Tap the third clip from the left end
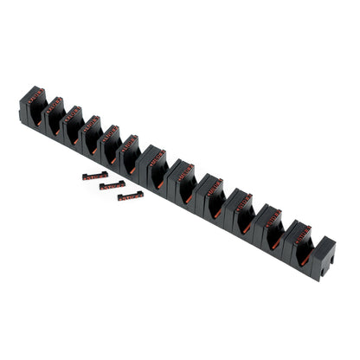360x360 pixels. pyautogui.click(x=74, y=124)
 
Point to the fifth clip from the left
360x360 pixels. pyautogui.click(x=112, y=143)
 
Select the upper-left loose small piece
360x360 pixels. pyautogui.click(x=94, y=175)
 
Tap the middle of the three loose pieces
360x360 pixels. pyautogui.click(x=112, y=185)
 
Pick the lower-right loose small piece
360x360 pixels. pyautogui.click(x=131, y=196)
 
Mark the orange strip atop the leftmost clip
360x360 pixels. pyautogui.click(x=35, y=96)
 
